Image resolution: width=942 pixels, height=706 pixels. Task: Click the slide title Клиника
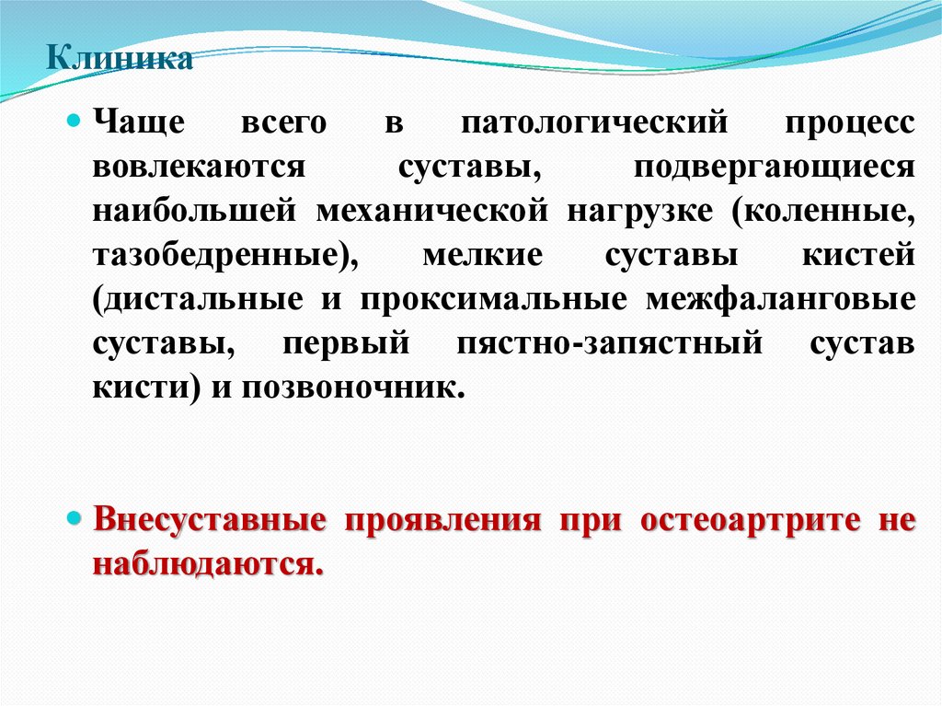[120, 60]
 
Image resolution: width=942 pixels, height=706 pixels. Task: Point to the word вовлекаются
[198, 168]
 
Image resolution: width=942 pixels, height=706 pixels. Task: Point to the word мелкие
[482, 255]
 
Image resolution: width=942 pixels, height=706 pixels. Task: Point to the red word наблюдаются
[208, 563]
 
